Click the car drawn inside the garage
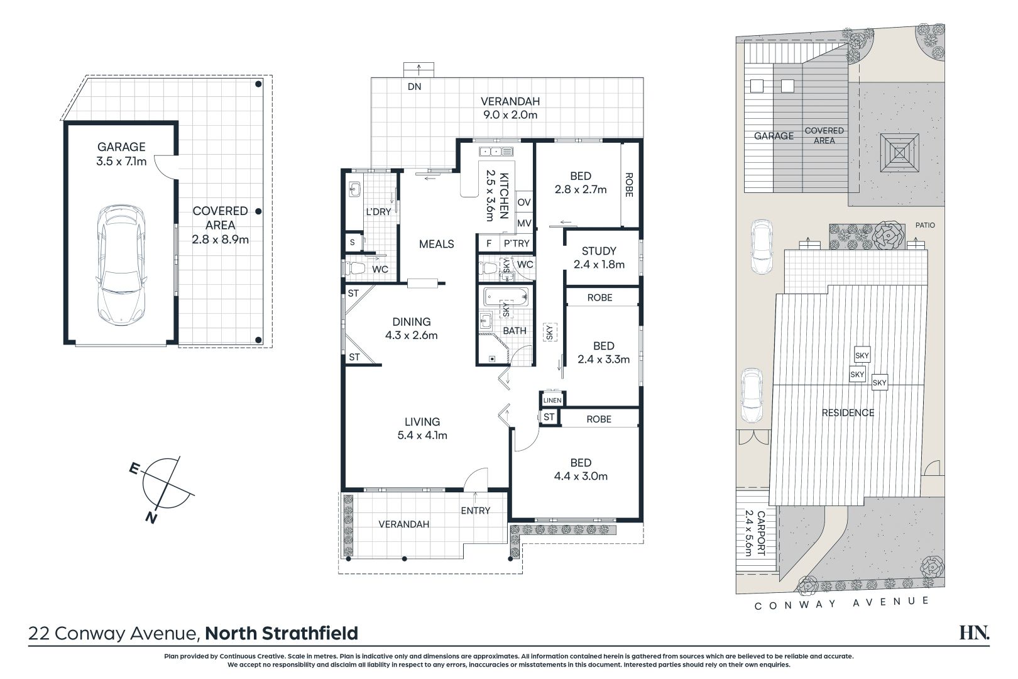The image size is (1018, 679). coord(121,265)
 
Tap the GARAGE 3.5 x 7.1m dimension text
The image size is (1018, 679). coord(121,162)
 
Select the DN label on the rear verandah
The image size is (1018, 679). coord(414,86)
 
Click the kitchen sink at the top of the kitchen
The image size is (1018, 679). coord(496,152)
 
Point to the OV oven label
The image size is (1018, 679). coord(524,202)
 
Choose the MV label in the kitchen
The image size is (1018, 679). coord(524,223)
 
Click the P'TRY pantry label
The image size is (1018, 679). coord(517,244)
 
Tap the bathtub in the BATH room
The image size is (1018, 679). coord(505,297)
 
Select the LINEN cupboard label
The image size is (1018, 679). coord(552,400)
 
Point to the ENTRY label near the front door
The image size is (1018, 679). coord(475,511)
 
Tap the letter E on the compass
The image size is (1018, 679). coord(134,468)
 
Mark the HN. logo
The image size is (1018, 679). coord(975,632)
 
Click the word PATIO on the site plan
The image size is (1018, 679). coord(925,225)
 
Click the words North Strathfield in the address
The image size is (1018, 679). coord(282,633)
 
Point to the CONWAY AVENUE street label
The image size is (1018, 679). coord(841,603)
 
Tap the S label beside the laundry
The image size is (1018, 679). coord(352,243)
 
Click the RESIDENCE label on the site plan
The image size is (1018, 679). coord(848,413)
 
